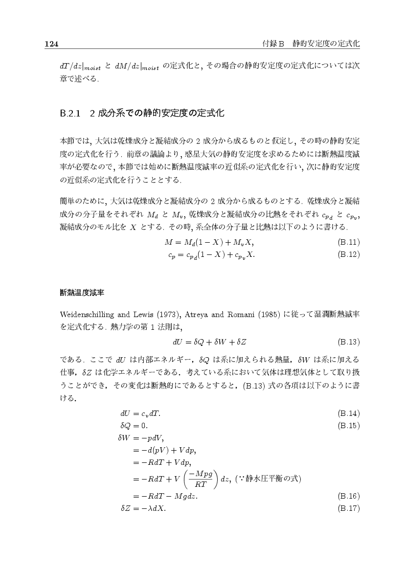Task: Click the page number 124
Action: (52, 44)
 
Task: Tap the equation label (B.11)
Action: (349, 242)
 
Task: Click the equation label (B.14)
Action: (349, 413)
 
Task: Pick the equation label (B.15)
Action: (349, 425)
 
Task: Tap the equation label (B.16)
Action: (349, 496)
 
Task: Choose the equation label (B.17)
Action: (349, 508)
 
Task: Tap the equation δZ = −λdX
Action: (143, 508)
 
